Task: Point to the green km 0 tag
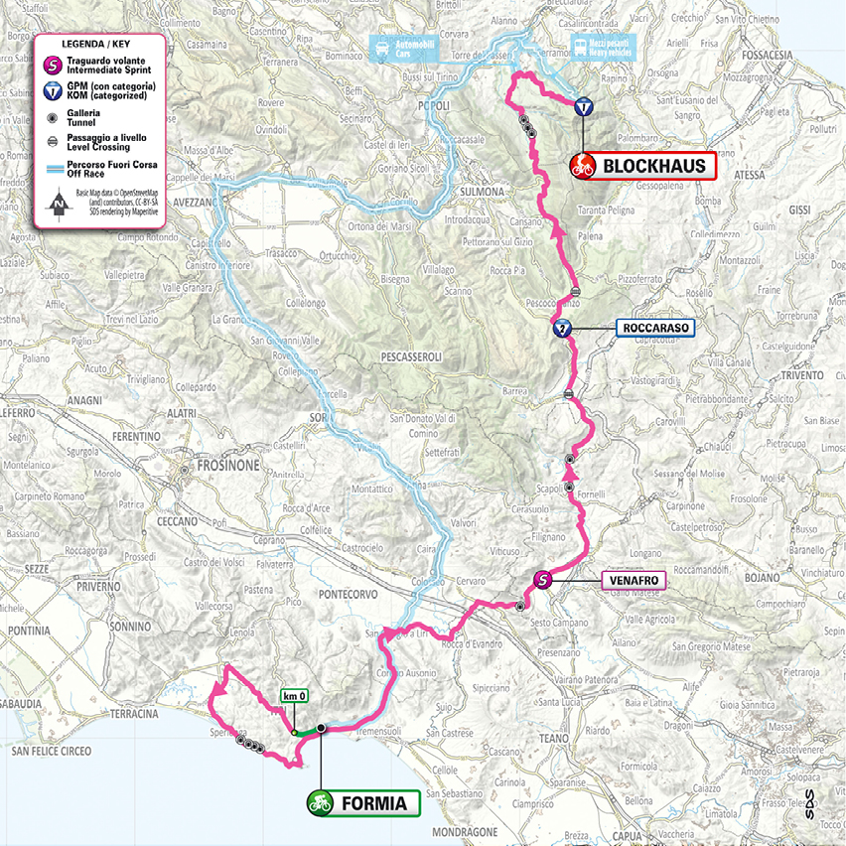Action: pyautogui.click(x=294, y=696)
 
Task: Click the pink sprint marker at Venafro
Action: pyautogui.click(x=543, y=580)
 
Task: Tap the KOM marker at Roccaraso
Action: pyautogui.click(x=562, y=329)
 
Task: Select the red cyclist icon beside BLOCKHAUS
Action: pyautogui.click(x=582, y=166)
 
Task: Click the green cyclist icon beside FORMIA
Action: pyautogui.click(x=321, y=802)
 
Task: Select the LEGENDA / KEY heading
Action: pyautogui.click(x=97, y=45)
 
